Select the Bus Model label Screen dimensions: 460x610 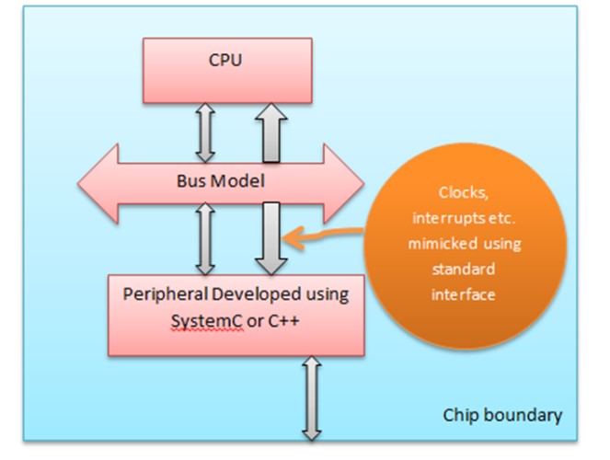click(x=222, y=181)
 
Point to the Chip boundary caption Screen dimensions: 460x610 click(x=502, y=415)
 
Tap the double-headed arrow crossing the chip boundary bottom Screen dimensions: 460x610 click(x=311, y=397)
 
